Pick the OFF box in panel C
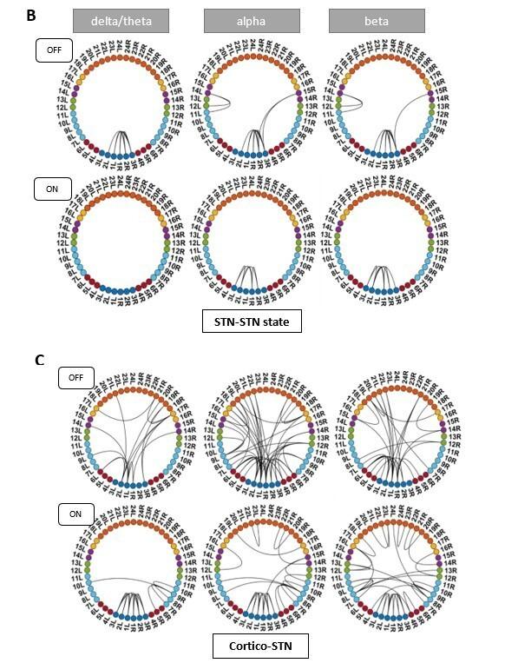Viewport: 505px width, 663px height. [x=75, y=377]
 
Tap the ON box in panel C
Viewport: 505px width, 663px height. [x=75, y=513]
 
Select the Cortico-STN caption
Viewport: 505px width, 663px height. [x=251, y=645]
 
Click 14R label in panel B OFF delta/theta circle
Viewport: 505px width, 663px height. [x=182, y=102]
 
